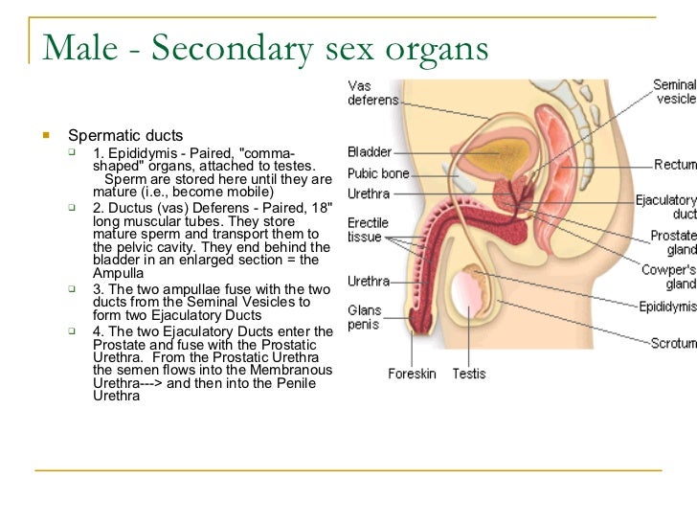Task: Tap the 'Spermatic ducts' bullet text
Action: coord(124,136)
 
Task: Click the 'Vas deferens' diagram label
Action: coord(367,92)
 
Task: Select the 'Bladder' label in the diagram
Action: coord(369,151)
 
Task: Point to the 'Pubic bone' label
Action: coord(378,173)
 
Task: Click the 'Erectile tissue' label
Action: coord(367,229)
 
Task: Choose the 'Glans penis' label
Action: coord(365,317)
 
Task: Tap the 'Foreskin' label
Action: coord(412,374)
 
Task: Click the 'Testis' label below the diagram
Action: coord(469,374)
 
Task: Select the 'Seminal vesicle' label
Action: coord(674,92)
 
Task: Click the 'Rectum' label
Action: coord(675,165)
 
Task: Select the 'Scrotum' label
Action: coord(673,342)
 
